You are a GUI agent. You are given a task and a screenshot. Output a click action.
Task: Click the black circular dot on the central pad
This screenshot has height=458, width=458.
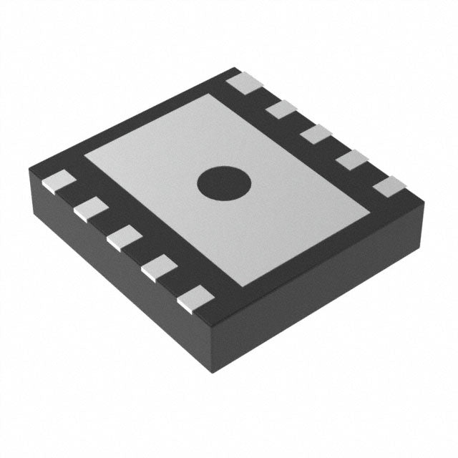pos(224,183)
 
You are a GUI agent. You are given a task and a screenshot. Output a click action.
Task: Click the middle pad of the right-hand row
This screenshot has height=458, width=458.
pos(315,134)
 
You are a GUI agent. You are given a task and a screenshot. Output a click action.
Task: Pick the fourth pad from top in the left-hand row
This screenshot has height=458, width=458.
pos(159,270)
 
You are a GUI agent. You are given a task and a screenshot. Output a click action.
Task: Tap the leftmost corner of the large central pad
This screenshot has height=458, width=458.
pos(84,153)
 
